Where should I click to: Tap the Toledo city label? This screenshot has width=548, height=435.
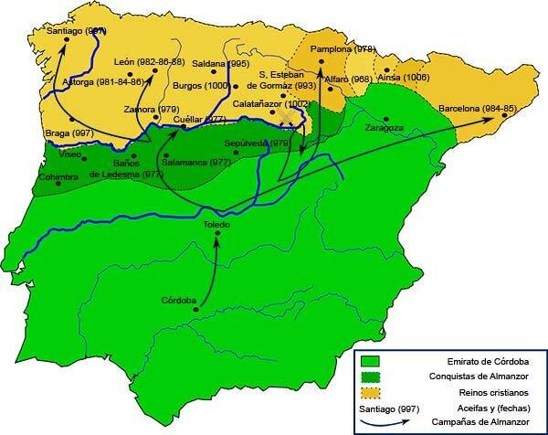(x=217, y=224)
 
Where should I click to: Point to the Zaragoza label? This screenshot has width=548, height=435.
(x=385, y=129)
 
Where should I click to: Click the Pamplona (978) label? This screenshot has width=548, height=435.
(x=342, y=48)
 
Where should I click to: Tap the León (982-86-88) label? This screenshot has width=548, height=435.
(x=150, y=61)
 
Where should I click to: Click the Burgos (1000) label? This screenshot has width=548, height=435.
(x=202, y=85)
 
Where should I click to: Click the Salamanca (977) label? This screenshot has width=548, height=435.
(x=196, y=162)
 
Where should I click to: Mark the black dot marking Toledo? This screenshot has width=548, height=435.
(x=217, y=235)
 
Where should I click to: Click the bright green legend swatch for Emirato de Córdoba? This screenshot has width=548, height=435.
(x=370, y=359)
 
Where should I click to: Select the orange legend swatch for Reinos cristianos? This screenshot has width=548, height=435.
(x=370, y=392)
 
